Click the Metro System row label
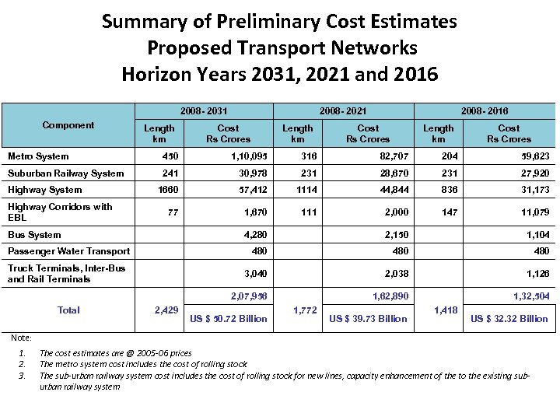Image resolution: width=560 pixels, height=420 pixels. [38, 156]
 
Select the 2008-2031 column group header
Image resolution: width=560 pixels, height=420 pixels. [205, 111]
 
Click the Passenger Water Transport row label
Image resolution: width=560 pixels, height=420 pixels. [68, 251]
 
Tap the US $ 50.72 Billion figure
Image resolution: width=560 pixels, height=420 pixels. [229, 318]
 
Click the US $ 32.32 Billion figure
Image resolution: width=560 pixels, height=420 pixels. [509, 318]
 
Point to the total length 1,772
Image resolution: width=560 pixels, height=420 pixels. [304, 310]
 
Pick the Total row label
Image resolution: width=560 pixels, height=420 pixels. [68, 310]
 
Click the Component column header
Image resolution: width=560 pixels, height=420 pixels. [68, 125]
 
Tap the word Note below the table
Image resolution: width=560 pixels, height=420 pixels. [22, 338]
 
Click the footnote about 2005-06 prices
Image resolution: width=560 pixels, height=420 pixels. [115, 353]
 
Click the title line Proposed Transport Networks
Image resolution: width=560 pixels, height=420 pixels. [282, 48]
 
